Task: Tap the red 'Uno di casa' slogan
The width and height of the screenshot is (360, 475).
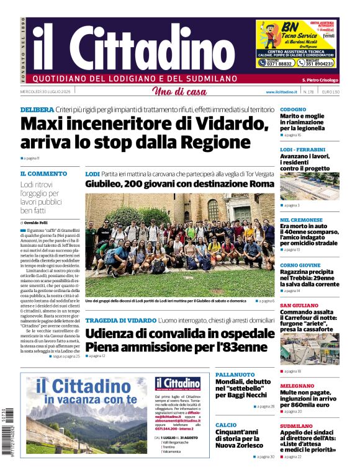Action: point(179,92)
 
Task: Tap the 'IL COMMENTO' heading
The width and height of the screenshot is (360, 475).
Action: point(43,174)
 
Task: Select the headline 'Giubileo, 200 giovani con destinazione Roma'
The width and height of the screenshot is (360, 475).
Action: point(179,184)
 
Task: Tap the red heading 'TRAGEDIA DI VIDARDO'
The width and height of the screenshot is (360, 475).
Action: point(120,320)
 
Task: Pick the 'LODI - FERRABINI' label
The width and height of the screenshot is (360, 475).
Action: point(302,149)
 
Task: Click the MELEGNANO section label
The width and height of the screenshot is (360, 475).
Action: point(297,385)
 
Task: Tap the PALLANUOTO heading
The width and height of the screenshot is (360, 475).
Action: point(235,375)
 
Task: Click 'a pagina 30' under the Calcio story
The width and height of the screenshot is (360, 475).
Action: point(263,456)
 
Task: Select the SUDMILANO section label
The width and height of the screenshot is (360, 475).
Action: point(296,426)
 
